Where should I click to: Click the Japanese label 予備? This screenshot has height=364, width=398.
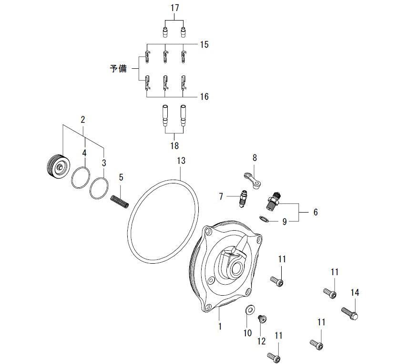pos(118,69)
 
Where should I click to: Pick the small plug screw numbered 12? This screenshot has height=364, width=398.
pos(262,319)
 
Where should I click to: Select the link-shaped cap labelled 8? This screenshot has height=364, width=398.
pos(253,180)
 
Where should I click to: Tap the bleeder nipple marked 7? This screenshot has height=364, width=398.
pos(243,198)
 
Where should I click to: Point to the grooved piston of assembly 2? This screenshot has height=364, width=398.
pos(59,167)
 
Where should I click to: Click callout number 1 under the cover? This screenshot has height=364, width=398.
pos(220,326)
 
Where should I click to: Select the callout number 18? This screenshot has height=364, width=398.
pos(174,146)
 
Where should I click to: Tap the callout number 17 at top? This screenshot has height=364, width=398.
pos(174,8)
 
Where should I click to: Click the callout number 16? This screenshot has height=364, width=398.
pos(204,96)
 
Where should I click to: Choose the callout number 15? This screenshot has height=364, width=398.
pos(204,44)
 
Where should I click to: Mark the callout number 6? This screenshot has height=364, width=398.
pos(316,212)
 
